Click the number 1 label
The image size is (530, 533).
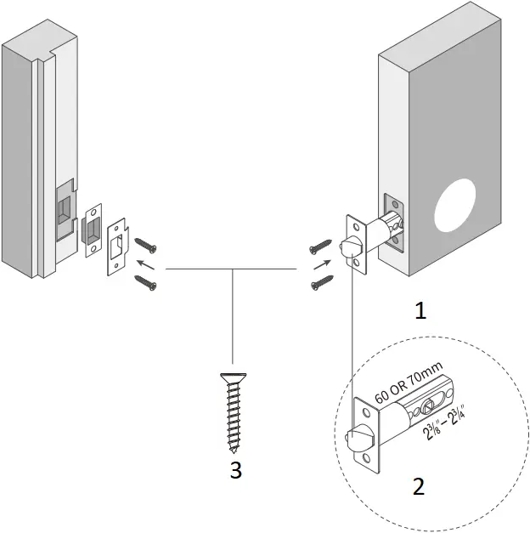click(419, 311)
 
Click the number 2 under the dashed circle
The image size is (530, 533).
click(418, 486)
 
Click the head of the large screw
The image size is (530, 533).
click(230, 377)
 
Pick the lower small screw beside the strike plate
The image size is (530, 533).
click(145, 284)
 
